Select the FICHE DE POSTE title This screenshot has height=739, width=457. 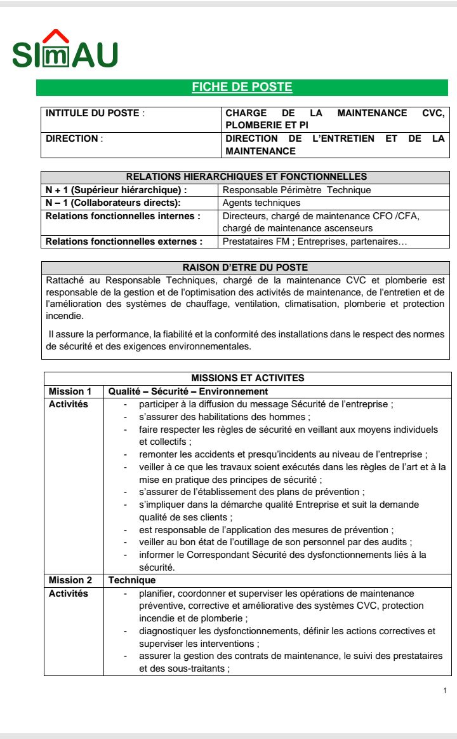click(x=242, y=88)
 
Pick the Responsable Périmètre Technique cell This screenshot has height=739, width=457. click(x=296, y=190)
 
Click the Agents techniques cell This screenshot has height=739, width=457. click(x=262, y=203)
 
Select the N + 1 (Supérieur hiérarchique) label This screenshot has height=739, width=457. click(x=116, y=190)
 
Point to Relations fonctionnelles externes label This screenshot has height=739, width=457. click(x=124, y=241)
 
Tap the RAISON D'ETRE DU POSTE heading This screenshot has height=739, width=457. click(x=245, y=268)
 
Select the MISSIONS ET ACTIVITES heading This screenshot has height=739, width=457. click(x=248, y=378)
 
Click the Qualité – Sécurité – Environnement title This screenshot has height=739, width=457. click(x=188, y=391)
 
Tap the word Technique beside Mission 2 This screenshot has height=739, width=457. click(x=132, y=580)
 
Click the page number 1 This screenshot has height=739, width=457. click(x=445, y=691)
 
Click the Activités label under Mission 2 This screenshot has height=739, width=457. click(x=69, y=593)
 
